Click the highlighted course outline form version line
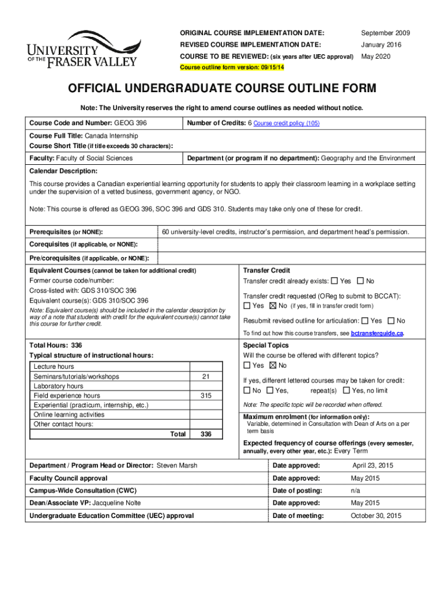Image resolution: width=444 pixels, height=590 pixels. point(232,67)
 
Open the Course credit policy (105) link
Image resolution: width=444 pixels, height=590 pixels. point(287,123)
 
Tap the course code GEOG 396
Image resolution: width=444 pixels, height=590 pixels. point(130,123)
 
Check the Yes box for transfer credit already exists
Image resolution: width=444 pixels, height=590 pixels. point(334,281)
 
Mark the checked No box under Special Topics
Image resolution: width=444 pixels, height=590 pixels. point(273,365)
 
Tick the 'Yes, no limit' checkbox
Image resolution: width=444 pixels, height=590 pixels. point(346,391)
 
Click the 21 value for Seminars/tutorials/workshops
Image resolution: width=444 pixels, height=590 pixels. point(205,376)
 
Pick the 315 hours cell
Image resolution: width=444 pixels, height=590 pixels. point(205,396)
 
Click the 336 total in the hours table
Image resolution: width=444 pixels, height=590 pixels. point(205,434)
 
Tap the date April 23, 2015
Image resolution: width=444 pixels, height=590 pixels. point(372,465)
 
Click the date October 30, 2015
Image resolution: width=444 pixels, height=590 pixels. point(376,516)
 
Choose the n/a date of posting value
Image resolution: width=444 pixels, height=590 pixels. point(356,490)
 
